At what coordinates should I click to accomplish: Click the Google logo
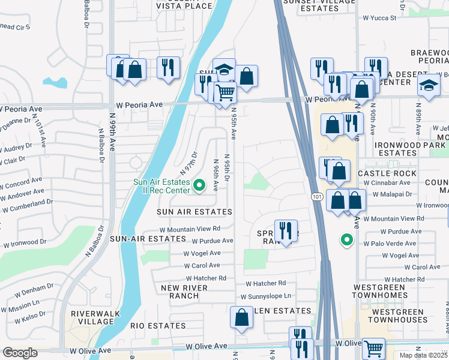[20, 353]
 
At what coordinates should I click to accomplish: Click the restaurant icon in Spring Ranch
[285, 230]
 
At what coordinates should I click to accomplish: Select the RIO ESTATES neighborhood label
[158, 326]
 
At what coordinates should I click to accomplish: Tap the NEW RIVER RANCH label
[184, 292]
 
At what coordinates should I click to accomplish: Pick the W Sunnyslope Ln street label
[265, 296]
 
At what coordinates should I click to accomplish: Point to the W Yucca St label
[378, 18]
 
